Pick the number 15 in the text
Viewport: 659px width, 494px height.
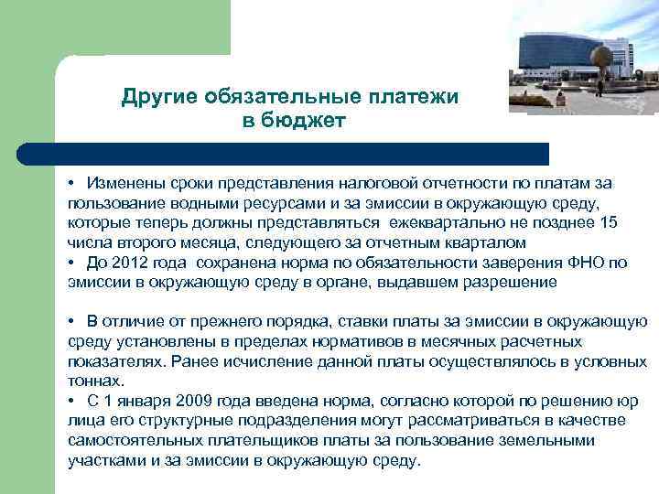click(x=607, y=221)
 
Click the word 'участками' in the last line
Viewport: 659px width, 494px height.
click(x=103, y=461)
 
